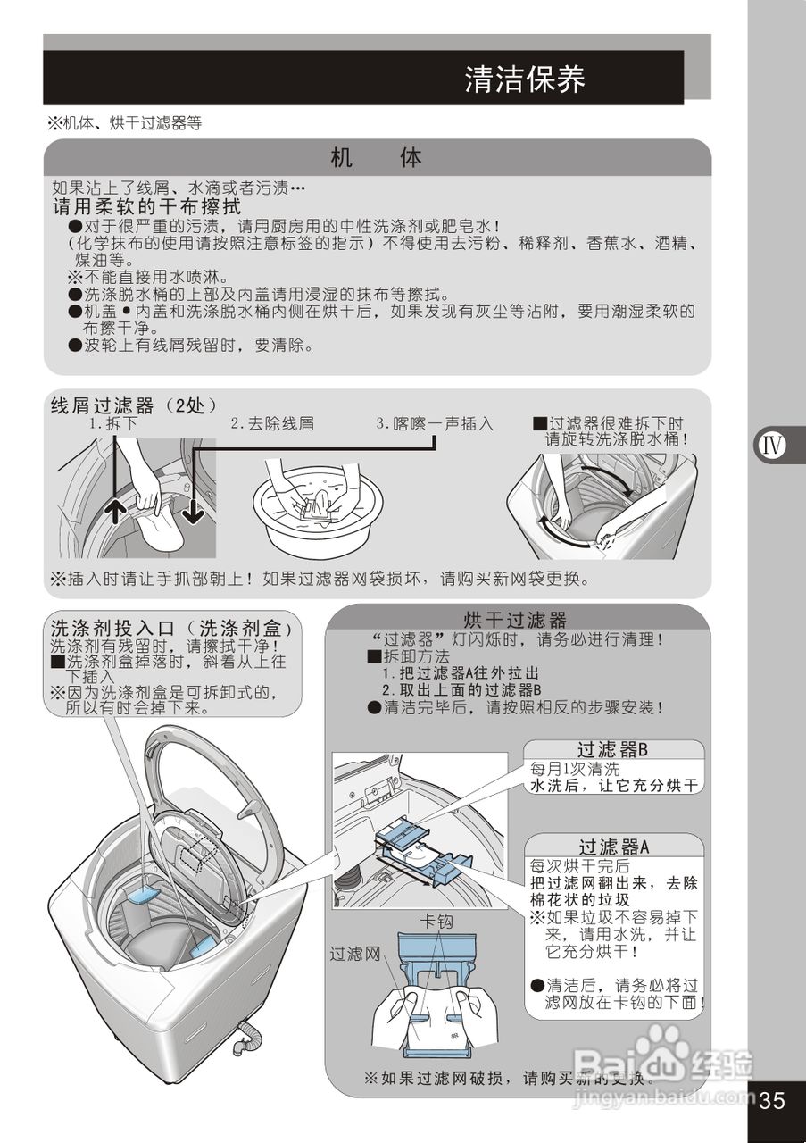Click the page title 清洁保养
pyautogui.click(x=525, y=79)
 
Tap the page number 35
pyautogui.click(x=772, y=1099)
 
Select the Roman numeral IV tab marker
pyautogui.click(x=773, y=445)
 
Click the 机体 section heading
pyautogui.click(x=376, y=158)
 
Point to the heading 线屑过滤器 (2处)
pyautogui.click(x=134, y=405)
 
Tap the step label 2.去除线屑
pyautogui.click(x=272, y=424)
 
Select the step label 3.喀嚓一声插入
pyautogui.click(x=435, y=423)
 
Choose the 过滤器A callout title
pyautogui.click(x=613, y=846)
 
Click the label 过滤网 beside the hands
pyautogui.click(x=355, y=954)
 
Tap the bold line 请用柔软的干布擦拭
pyautogui.click(x=146, y=206)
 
